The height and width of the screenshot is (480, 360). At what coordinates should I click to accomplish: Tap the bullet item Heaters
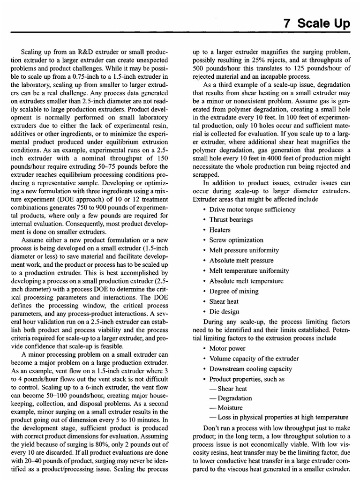coord(220,230)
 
